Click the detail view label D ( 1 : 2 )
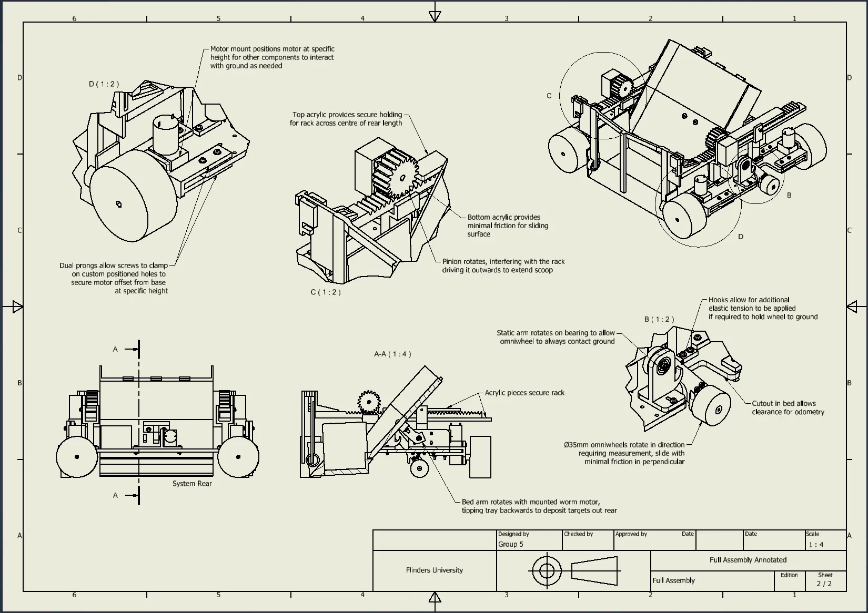pyautogui.click(x=104, y=84)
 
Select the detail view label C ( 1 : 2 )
pyautogui.click(x=326, y=292)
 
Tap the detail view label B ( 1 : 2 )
pyautogui.click(x=659, y=320)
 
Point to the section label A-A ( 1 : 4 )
pyautogui.click(x=392, y=354)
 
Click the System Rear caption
pyautogui.click(x=192, y=484)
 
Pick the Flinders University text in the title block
pyautogui.click(x=435, y=570)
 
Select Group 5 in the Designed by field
pyautogui.click(x=511, y=545)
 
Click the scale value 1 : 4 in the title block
pyautogui.click(x=816, y=545)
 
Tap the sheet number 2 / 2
pyautogui.click(x=824, y=584)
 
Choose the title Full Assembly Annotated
pyautogui.click(x=748, y=560)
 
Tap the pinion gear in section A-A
pyautogui.click(x=369, y=402)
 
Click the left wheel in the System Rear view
pyautogui.click(x=77, y=457)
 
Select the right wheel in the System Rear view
pyautogui.click(x=238, y=457)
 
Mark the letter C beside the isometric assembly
pyautogui.click(x=549, y=96)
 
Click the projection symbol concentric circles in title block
pyautogui.click(x=546, y=570)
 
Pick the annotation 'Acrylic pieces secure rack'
pyautogui.click(x=524, y=393)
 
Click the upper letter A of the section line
pyautogui.click(x=115, y=349)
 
